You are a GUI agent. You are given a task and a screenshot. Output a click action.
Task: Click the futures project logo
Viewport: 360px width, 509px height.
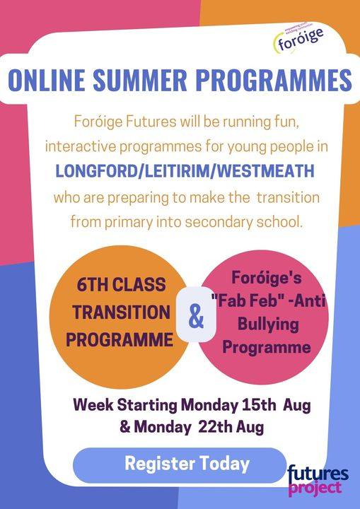click(x=318, y=480)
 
